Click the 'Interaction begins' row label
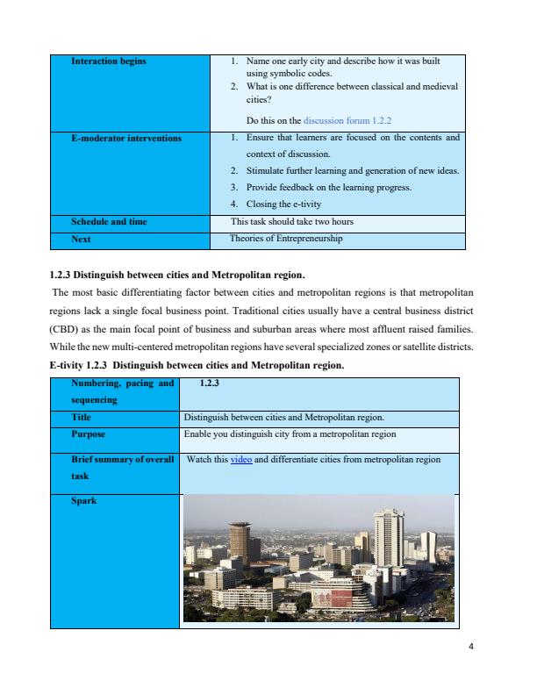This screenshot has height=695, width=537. pyautogui.click(x=110, y=61)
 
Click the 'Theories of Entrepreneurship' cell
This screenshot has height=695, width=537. pyautogui.click(x=285, y=238)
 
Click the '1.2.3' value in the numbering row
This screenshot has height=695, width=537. pyautogui.click(x=210, y=383)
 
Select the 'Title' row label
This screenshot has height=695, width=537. pyautogui.click(x=82, y=418)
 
